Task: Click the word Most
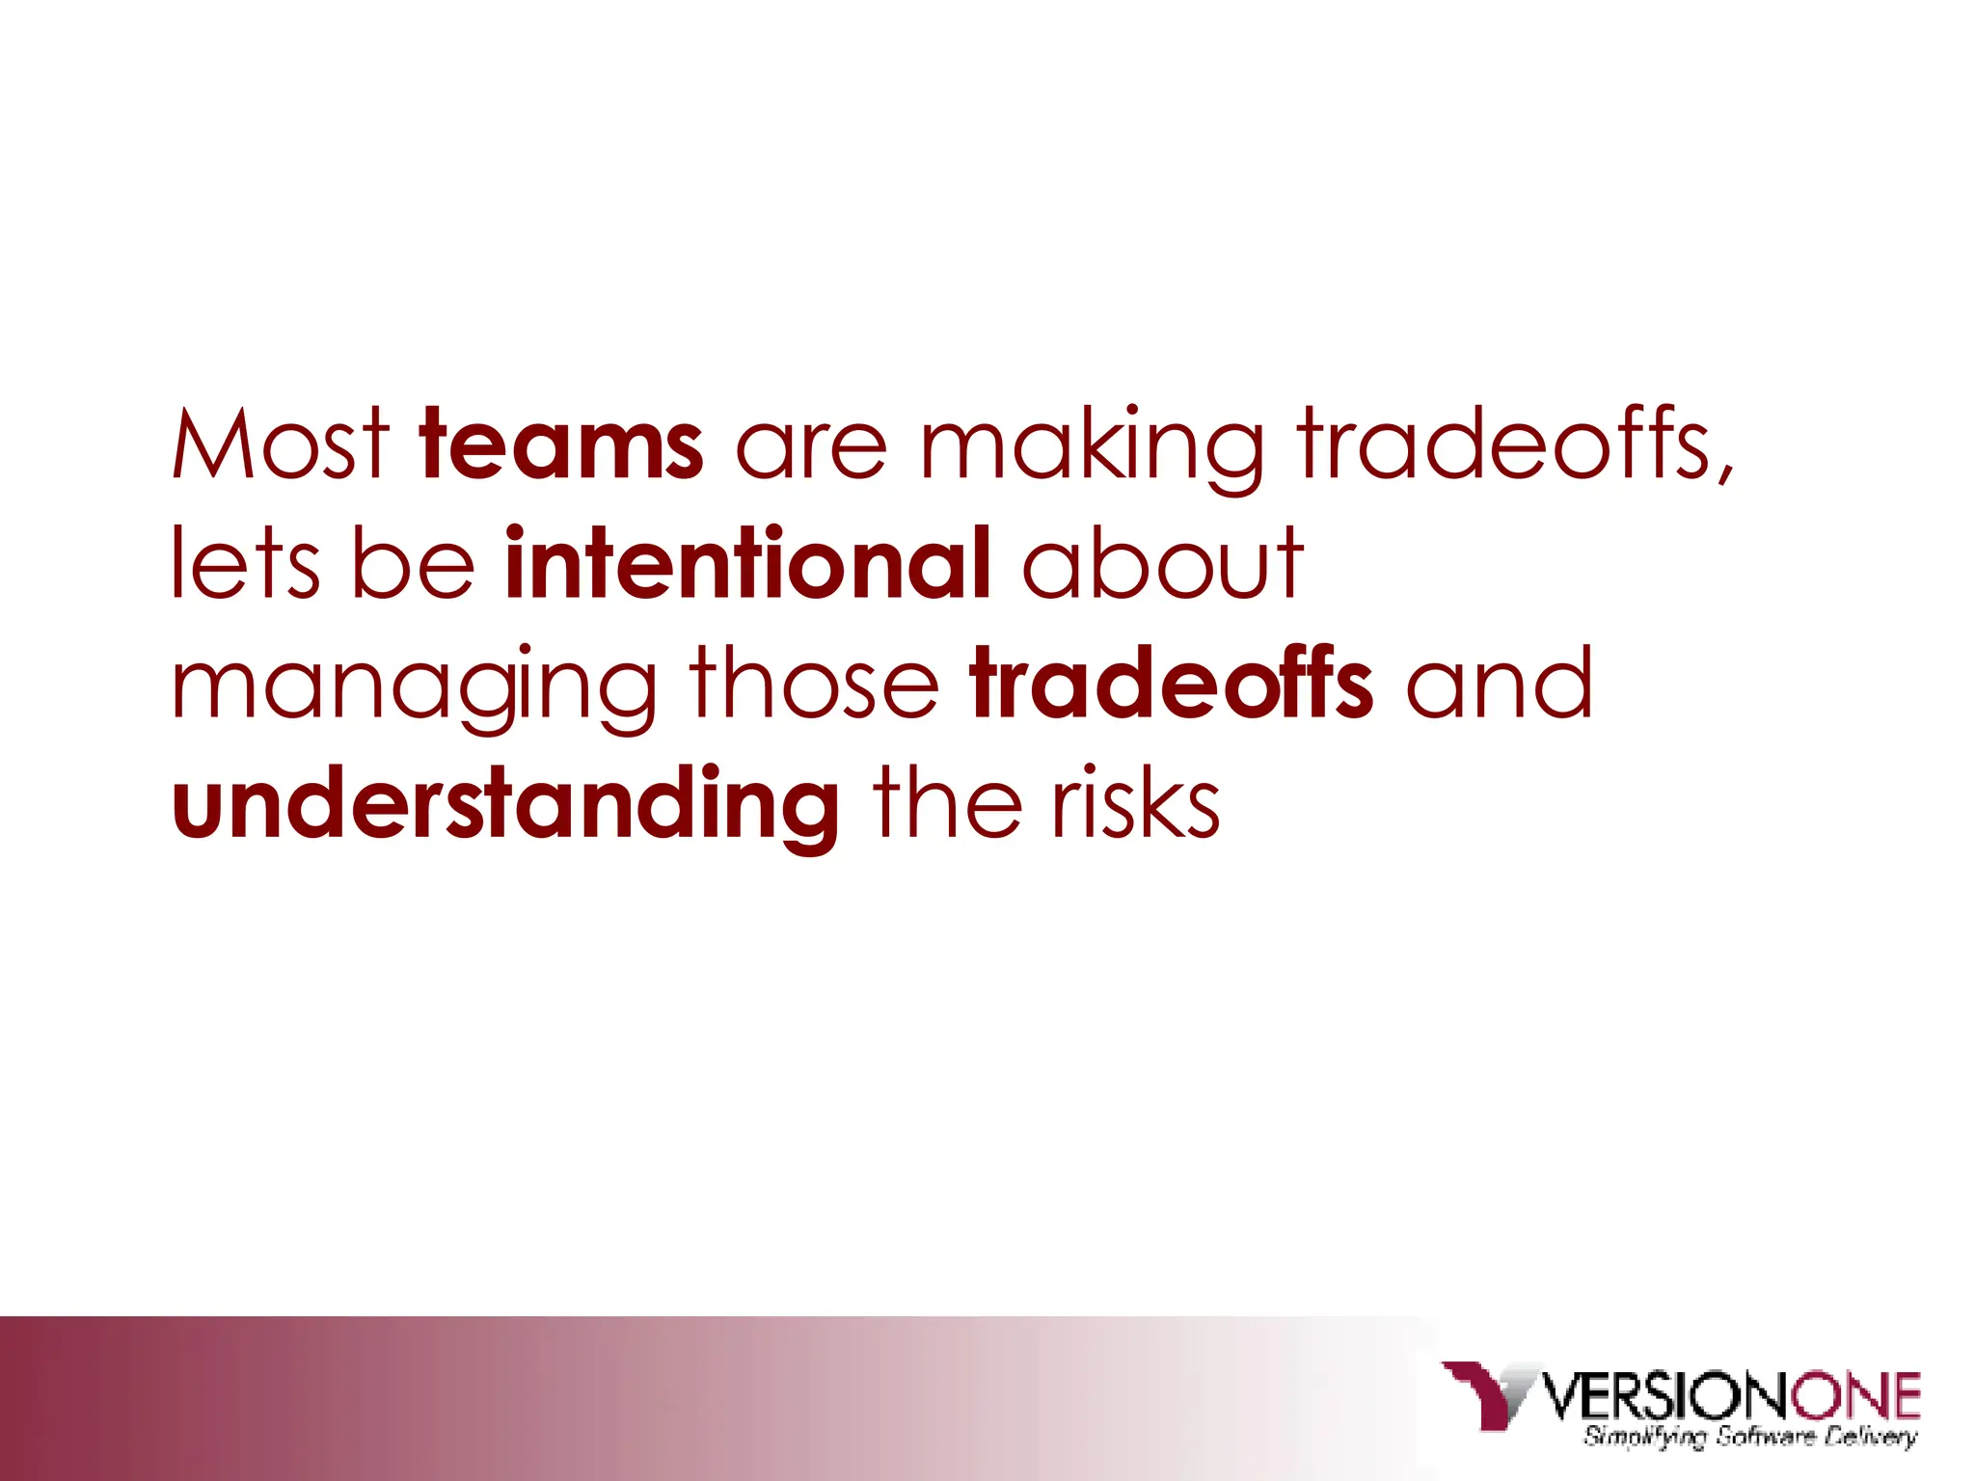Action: click(x=281, y=444)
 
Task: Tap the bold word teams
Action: click(x=561, y=444)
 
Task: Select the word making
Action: click(x=1091, y=446)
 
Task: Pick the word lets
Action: click(x=245, y=563)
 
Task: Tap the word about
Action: click(x=1162, y=563)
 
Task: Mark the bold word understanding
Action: click(x=505, y=804)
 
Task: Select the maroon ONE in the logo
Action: click(x=1855, y=1395)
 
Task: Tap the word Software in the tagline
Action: click(x=1766, y=1438)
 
